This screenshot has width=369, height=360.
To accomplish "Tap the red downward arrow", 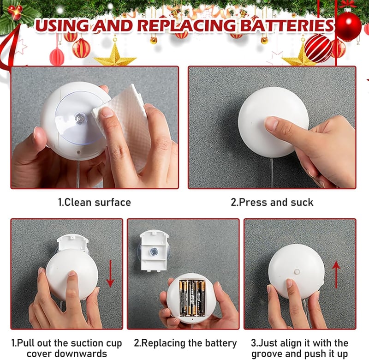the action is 110,274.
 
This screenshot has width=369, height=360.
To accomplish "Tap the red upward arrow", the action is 336,274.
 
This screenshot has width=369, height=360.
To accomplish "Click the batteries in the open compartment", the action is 192,298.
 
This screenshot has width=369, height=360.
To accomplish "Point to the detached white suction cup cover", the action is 154,251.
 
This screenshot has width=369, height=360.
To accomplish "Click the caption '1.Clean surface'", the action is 95,203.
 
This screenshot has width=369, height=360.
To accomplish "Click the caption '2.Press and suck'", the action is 272,203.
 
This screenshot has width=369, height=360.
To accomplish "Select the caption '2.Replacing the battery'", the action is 185,343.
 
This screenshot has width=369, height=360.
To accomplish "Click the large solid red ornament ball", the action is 348,26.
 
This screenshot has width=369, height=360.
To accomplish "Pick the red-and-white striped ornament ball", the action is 318,49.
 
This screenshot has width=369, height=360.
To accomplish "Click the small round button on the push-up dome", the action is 297,271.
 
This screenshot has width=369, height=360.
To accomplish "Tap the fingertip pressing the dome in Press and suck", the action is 271,124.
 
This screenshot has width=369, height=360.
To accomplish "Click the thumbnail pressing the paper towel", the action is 107,112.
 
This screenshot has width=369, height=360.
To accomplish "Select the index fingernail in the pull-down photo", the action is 72,274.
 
